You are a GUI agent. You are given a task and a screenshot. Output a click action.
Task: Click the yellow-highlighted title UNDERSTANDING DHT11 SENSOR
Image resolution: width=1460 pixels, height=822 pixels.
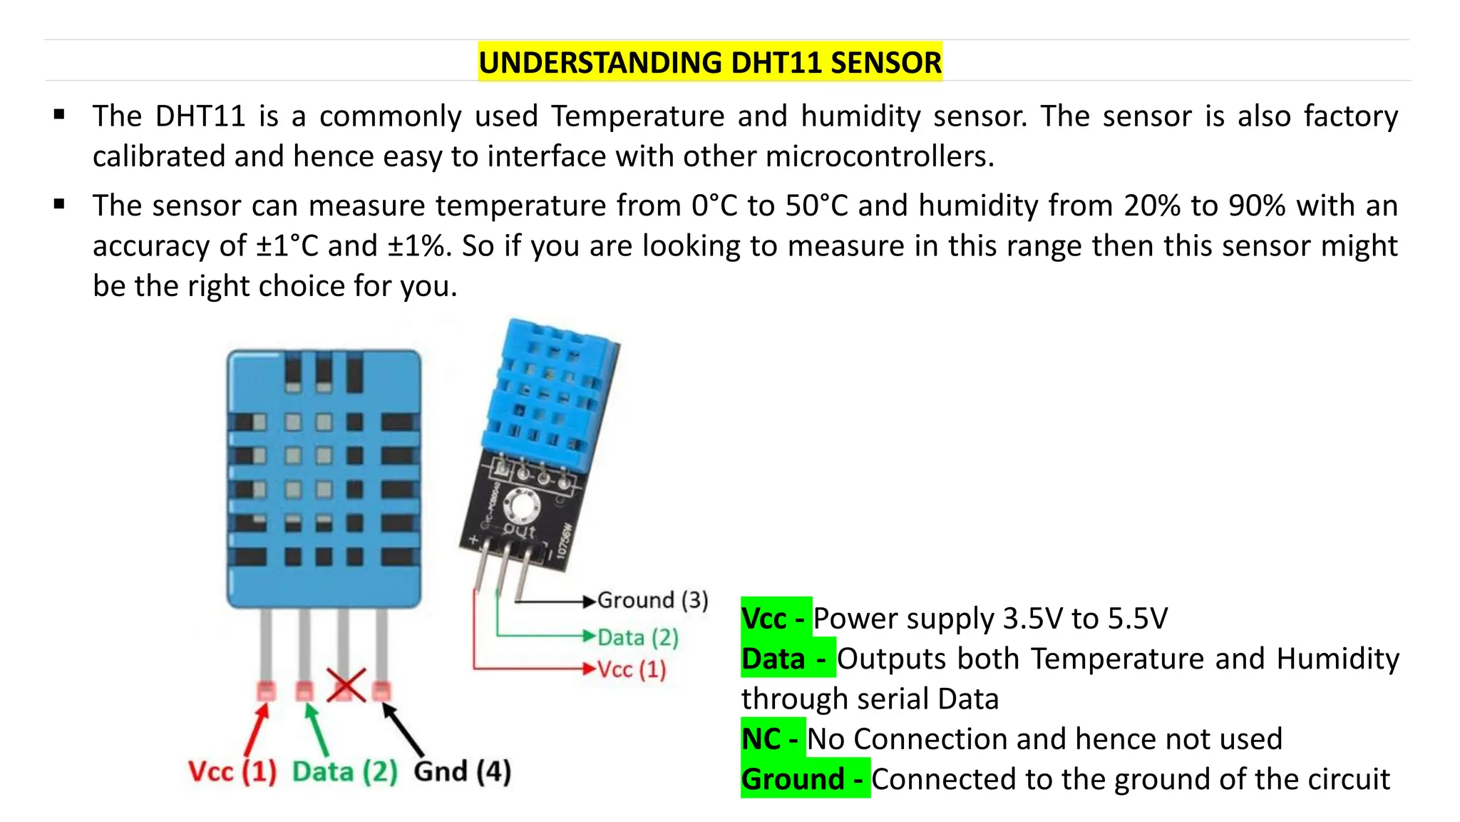pyautogui.click(x=709, y=63)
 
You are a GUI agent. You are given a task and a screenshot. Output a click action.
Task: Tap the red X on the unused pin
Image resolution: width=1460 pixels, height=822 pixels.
pyautogui.click(x=346, y=686)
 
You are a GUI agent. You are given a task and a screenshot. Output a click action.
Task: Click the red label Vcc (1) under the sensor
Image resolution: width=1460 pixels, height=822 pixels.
pyautogui.click(x=232, y=772)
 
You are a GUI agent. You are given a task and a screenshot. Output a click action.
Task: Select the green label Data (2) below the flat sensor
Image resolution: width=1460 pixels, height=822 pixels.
pyautogui.click(x=345, y=772)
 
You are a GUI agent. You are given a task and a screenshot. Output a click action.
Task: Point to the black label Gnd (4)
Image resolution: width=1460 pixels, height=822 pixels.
pyautogui.click(x=462, y=772)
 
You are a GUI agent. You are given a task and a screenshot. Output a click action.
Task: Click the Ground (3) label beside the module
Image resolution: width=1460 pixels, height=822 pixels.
pyautogui.click(x=652, y=600)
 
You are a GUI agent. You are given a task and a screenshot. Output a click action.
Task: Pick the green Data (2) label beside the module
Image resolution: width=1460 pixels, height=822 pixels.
pyautogui.click(x=637, y=637)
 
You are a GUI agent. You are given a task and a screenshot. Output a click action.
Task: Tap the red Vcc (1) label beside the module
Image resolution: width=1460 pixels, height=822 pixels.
pyautogui.click(x=631, y=669)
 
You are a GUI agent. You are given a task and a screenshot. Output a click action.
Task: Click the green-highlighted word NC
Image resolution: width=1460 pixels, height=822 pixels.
pyautogui.click(x=761, y=739)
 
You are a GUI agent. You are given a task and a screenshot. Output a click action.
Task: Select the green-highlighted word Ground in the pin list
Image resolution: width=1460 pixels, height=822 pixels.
pyautogui.click(x=792, y=778)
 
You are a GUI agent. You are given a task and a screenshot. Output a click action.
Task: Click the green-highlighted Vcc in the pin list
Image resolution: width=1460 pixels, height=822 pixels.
pyautogui.click(x=764, y=618)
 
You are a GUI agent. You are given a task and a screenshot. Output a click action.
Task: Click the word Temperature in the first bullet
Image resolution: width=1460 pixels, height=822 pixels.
pyautogui.click(x=637, y=116)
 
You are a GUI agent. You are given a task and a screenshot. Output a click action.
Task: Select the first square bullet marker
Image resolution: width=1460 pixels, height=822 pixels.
pyautogui.click(x=59, y=114)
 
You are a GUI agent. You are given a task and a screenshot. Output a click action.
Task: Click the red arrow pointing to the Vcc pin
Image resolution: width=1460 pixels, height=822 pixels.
pyautogui.click(x=257, y=729)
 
